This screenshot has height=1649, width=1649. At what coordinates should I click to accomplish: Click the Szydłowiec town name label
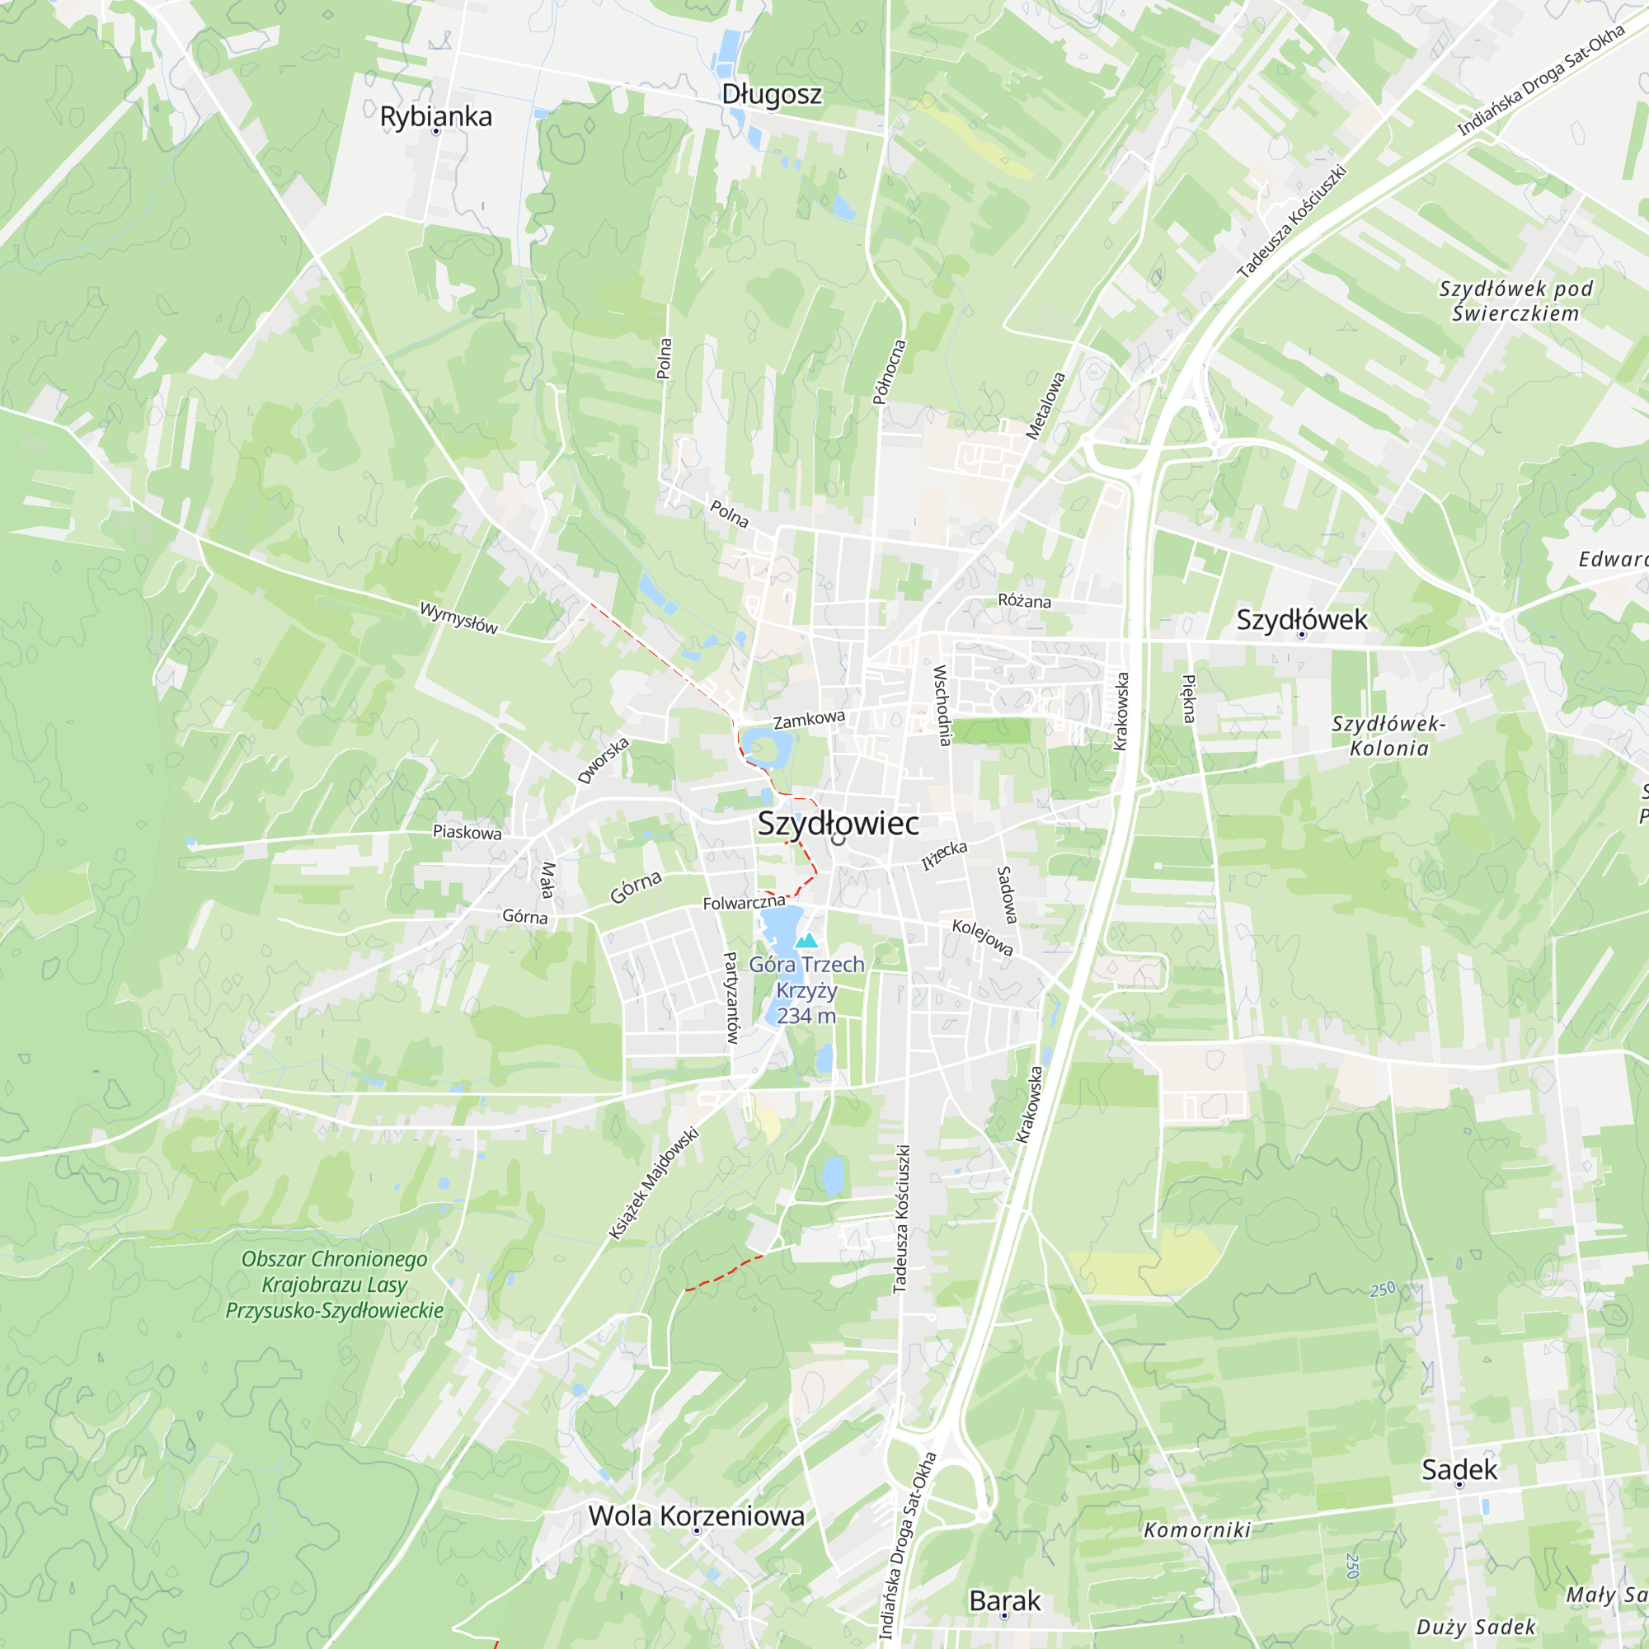point(839,824)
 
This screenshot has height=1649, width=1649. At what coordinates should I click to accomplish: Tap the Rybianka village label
point(435,117)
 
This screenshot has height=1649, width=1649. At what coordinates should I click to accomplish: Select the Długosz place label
point(772,94)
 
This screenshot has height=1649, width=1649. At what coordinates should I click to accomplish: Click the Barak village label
point(1004,1601)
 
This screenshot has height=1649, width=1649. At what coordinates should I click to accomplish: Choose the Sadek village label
point(1459,1470)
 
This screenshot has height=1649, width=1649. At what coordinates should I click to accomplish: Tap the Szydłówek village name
point(1302,620)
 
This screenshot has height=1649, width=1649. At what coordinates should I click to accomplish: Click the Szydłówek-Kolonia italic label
point(1388,735)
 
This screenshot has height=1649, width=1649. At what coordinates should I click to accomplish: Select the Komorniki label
point(1196,1530)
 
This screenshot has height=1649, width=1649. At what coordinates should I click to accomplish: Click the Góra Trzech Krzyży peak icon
point(806,941)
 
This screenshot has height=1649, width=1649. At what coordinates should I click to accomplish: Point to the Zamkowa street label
point(809,720)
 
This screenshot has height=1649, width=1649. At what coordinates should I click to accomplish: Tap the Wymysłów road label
point(458,618)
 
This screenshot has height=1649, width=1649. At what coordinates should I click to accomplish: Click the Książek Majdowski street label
point(654,1183)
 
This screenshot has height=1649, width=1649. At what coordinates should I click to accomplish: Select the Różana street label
point(1024,601)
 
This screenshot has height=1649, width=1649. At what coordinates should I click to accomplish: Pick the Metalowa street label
point(1045,406)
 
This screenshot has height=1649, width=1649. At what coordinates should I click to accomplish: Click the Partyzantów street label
point(731,998)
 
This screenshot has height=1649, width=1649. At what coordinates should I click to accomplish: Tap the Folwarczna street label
point(744,902)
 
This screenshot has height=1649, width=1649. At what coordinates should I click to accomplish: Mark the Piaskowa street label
point(467,831)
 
